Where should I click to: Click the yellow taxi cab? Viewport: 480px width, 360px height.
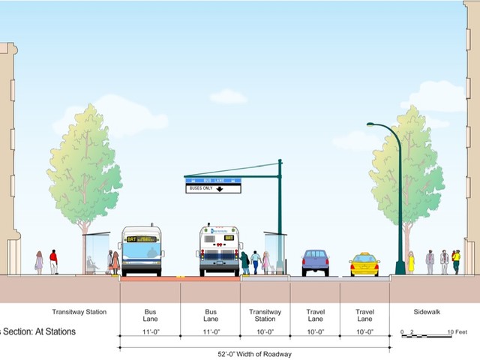click(364, 265)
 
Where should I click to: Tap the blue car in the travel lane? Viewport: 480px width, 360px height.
click(315, 262)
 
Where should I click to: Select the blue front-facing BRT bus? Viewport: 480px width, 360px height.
click(142, 250)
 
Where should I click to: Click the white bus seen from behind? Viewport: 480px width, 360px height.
click(220, 250)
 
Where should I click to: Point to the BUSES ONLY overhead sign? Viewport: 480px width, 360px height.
click(213, 188)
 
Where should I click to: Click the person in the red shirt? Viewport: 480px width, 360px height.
click(53, 261)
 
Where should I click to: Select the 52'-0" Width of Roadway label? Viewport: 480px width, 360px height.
click(255, 354)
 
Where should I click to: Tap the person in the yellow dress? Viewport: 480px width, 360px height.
click(411, 262)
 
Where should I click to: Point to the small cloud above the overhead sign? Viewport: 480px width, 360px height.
click(227, 96)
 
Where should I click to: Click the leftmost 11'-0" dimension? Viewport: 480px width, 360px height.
click(150, 331)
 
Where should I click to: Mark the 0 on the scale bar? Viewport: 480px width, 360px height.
click(403, 331)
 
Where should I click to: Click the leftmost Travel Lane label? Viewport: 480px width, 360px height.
click(315, 315)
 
